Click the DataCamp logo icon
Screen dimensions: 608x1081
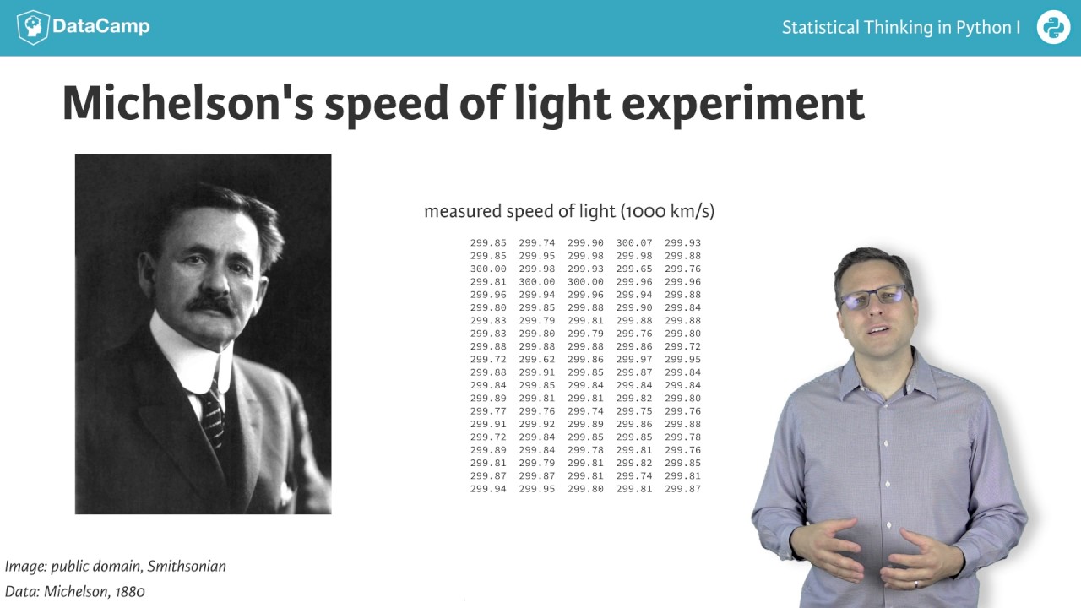32,27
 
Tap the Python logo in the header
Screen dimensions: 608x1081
1053,27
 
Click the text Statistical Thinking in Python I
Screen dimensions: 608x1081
900,28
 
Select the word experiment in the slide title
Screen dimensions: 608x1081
742,104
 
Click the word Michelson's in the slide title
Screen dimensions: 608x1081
187,104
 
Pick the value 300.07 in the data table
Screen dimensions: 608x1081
634,243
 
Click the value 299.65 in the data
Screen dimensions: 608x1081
634,269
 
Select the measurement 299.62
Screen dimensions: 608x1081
537,360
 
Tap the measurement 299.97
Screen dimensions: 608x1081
634,360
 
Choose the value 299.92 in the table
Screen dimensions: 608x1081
537,425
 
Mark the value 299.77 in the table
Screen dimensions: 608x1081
488,411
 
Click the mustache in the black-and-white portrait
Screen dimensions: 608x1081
211,305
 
